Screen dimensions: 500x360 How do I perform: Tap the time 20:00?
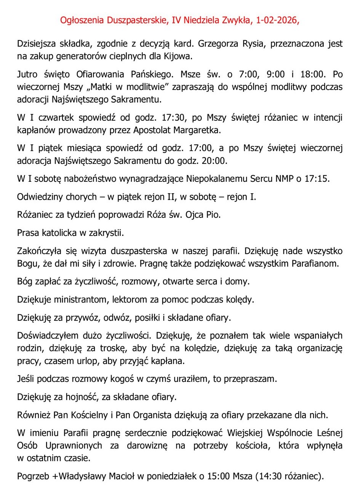[214, 160]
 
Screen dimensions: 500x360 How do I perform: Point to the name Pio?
[213, 215]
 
